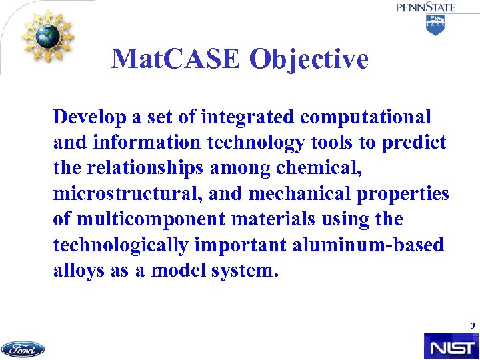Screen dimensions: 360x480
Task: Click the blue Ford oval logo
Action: click(x=23, y=349)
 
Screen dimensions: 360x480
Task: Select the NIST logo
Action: click(x=451, y=347)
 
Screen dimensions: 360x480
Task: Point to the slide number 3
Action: click(x=472, y=326)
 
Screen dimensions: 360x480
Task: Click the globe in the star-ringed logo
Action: click(x=47, y=35)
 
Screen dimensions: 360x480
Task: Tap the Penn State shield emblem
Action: click(x=435, y=25)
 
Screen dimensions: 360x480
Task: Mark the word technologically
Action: click(x=120, y=245)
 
